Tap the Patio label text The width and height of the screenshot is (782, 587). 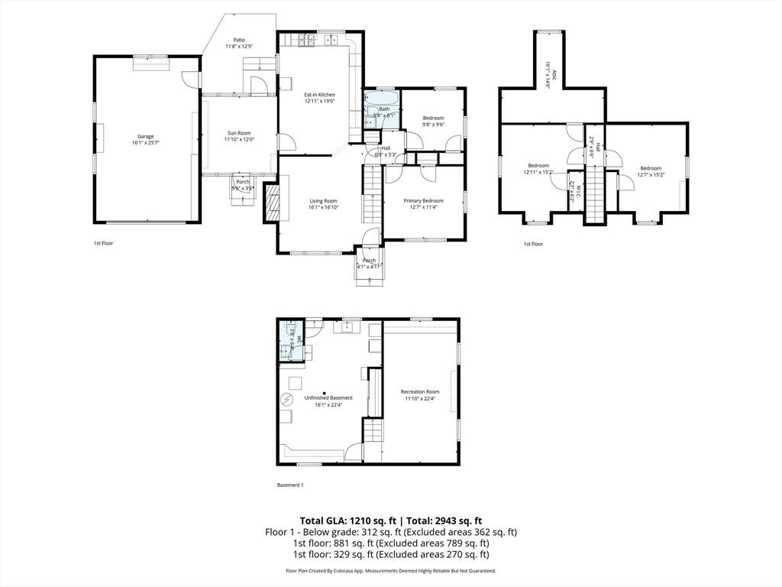click(x=238, y=41)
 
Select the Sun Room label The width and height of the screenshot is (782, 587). click(x=238, y=133)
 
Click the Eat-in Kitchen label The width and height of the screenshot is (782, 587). click(x=319, y=95)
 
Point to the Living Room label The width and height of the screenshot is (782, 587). click(x=323, y=200)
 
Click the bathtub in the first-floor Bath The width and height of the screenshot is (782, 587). click(x=380, y=99)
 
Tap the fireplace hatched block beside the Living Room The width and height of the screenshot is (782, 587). click(x=272, y=203)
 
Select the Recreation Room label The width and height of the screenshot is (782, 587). click(x=420, y=391)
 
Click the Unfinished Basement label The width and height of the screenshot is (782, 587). click(x=328, y=397)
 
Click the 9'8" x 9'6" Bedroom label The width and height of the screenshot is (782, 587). click(x=433, y=118)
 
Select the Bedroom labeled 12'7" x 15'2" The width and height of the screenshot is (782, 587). click(x=651, y=168)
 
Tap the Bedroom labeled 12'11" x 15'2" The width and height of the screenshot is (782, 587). click(x=538, y=165)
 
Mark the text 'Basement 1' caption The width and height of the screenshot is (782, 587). click(x=289, y=485)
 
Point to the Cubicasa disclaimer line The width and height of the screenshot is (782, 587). click(x=390, y=571)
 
